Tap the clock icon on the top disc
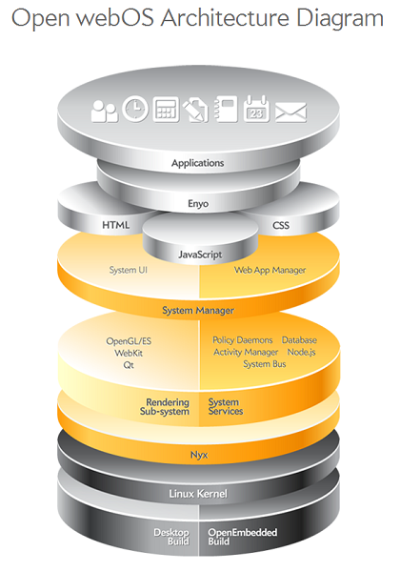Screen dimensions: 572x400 [135, 111]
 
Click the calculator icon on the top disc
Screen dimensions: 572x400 [166, 110]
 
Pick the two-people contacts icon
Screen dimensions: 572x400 [104, 111]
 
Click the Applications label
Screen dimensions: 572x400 [198, 163]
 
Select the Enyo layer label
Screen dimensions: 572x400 [198, 203]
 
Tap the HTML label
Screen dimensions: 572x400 [115, 226]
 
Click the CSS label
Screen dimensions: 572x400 [280, 226]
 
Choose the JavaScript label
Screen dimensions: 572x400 [199, 255]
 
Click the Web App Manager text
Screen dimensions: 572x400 [270, 271]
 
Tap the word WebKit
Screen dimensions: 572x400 [130, 353]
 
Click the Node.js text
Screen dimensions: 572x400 [302, 352]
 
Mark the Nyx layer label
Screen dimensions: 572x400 [198, 456]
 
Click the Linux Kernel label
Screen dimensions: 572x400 [198, 494]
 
